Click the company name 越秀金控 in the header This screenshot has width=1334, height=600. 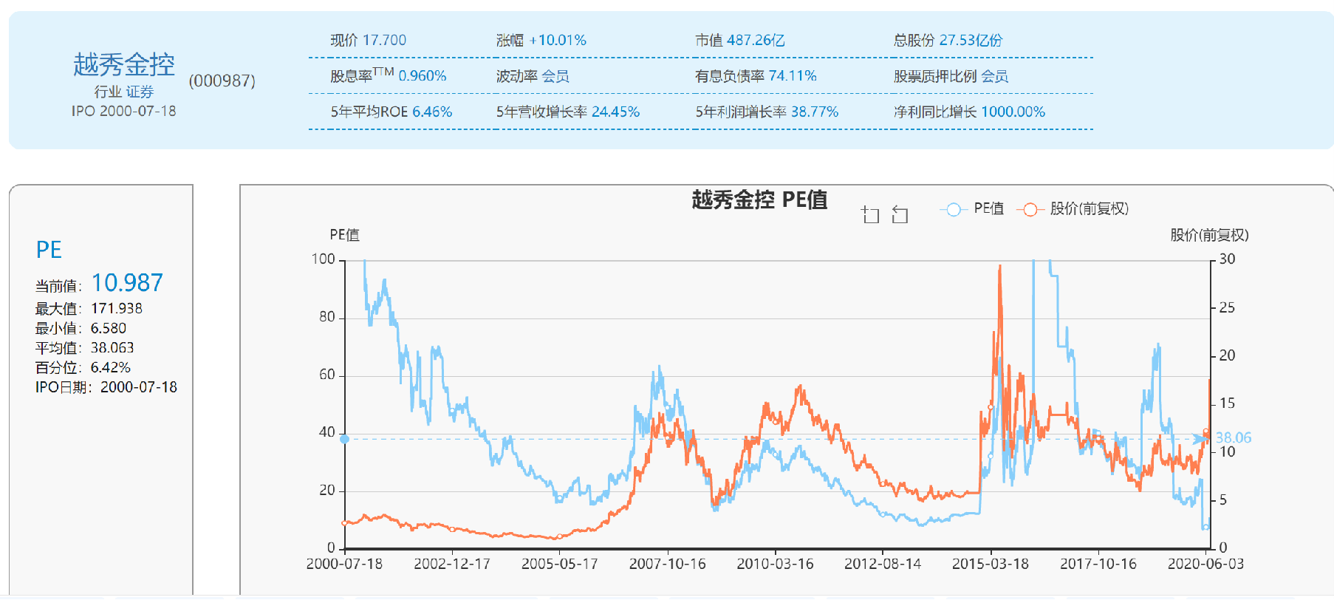tap(124, 64)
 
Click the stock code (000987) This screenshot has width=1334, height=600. tap(222, 81)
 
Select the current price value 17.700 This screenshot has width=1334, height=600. tap(384, 40)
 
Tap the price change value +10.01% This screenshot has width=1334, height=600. tap(558, 40)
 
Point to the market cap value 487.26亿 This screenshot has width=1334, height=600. tap(755, 40)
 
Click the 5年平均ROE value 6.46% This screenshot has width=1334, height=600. tap(432, 112)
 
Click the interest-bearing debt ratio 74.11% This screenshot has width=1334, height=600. tap(792, 75)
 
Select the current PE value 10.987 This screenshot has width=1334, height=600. tap(127, 282)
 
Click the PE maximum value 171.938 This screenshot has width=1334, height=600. tap(117, 308)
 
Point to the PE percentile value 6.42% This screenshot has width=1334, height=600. tap(110, 367)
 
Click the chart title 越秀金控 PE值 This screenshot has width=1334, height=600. tap(759, 200)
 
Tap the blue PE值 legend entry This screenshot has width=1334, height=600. tap(973, 209)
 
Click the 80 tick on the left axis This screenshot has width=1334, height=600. tap(326, 317)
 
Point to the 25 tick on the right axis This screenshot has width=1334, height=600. tap(1226, 307)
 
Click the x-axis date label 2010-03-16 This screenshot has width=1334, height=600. tap(775, 564)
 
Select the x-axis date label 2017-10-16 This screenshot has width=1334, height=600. tap(1098, 564)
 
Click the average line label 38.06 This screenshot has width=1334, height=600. tap(1233, 437)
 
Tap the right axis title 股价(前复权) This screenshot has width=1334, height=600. tap(1208, 235)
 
